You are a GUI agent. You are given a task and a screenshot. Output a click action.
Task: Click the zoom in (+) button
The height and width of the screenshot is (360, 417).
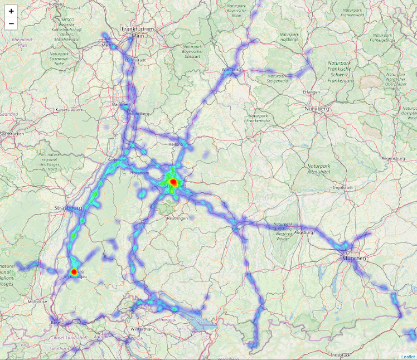pos(11,11)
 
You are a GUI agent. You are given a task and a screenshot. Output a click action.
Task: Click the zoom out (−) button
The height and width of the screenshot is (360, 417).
pos(11,23)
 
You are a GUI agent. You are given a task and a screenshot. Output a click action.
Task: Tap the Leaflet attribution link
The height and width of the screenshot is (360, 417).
pos(408,356)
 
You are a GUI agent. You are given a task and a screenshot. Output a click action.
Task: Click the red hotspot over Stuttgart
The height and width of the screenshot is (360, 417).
pos(173,182)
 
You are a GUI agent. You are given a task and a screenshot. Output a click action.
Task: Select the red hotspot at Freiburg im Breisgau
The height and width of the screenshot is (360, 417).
pos(74,271)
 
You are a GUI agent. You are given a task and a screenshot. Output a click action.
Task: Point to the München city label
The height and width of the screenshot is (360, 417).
pos(355,258)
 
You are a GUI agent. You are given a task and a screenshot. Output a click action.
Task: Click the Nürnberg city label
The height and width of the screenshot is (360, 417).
pos(317,109)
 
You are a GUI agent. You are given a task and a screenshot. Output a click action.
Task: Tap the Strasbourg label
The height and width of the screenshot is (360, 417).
pos(69,208)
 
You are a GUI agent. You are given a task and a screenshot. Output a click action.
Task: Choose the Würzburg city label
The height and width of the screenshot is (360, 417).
pos(231,70)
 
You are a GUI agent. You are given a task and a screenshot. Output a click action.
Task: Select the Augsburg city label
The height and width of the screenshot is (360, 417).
pos(304,232)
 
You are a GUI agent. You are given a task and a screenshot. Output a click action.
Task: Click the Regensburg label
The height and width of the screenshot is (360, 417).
pos(392,158)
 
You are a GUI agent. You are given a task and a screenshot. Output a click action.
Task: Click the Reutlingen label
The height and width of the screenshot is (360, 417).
pos(177,218)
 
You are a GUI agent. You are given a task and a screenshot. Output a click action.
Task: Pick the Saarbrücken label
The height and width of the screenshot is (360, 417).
pos(12,134)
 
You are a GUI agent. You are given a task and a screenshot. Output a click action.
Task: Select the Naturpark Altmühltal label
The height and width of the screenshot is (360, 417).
pos(319,169)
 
